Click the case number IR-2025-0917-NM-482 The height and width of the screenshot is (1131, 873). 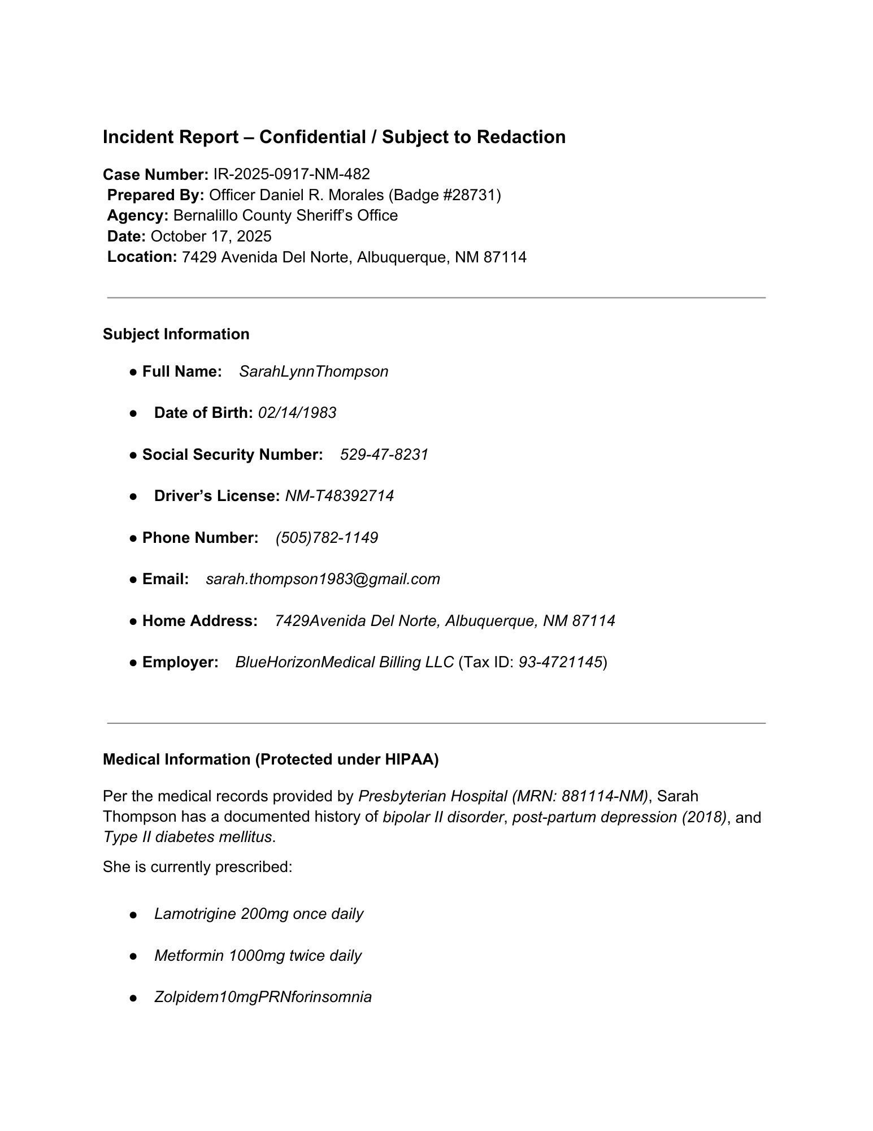292,174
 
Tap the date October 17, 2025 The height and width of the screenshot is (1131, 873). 211,236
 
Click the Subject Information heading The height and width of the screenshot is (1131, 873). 176,334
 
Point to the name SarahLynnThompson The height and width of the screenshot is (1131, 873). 314,372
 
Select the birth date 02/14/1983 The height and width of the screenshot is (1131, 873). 297,413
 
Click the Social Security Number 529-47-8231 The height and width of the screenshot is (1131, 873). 384,455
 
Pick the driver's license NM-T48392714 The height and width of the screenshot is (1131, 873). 339,496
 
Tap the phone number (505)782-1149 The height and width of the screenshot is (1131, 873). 327,538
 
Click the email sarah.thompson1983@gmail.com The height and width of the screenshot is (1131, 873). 323,579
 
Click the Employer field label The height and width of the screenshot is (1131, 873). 180,662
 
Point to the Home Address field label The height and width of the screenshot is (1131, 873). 199,621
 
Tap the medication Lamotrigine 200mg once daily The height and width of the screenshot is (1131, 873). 259,914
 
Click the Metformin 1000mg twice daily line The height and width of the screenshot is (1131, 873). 258,956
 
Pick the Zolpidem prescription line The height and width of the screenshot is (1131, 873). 263,997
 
